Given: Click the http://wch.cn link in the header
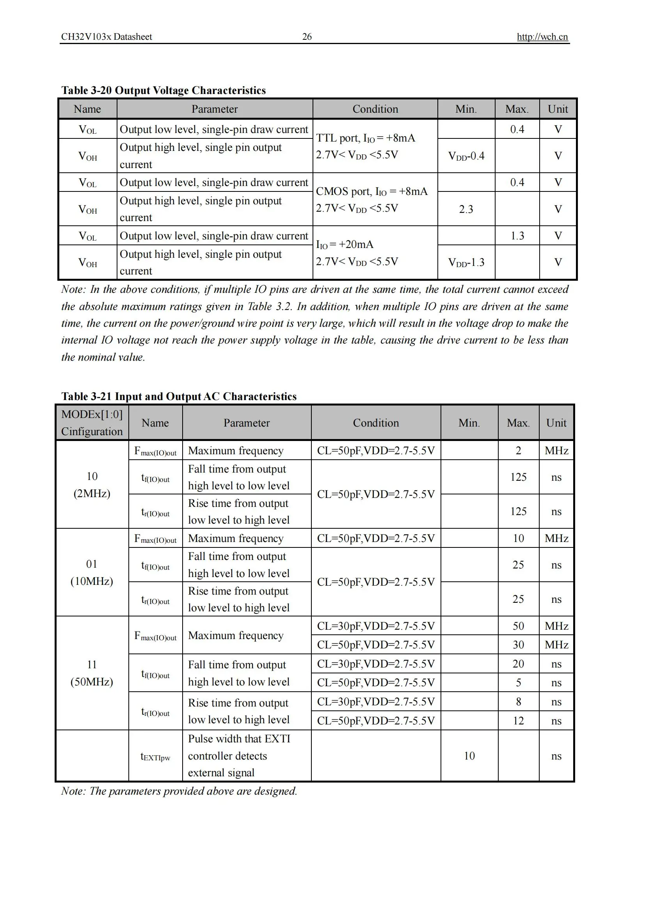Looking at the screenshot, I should pos(542,37).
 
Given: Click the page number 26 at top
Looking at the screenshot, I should pos(307,37).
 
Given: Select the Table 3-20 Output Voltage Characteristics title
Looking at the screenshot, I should pos(163,90).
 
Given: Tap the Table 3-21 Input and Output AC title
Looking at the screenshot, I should pos(179,397).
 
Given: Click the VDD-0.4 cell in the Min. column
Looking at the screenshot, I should pos(466,156).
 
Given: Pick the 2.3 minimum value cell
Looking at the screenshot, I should pos(466,209).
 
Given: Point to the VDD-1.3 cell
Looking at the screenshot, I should pos(466,262).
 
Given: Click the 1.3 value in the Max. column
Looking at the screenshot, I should pos(517,236).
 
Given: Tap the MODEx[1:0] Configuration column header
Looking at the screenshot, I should pos(92,423).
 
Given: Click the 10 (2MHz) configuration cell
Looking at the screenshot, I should pos(92,485).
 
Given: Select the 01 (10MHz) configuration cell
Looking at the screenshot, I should pos(92,572).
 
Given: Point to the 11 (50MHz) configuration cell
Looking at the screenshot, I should pos(92,673).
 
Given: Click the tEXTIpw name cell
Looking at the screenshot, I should pos(155,756).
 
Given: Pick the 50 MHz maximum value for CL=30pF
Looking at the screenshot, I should pos(518,626).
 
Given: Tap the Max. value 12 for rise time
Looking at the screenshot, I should pos(518,721).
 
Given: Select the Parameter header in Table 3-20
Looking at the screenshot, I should pos(215,109).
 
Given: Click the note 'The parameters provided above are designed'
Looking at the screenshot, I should pos(179,791).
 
